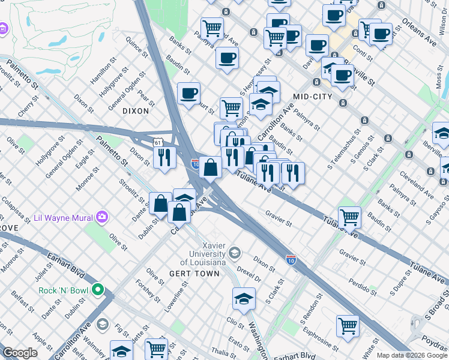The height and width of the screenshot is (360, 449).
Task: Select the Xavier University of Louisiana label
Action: (204, 256)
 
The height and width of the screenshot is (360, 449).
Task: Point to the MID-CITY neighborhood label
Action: (312, 96)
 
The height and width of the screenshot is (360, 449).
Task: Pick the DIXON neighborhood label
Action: (135, 111)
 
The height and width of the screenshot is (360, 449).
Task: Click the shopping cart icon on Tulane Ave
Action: (349, 217)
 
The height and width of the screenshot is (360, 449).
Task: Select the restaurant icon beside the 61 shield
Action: (164, 157)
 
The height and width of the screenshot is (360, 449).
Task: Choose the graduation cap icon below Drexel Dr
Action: (244, 298)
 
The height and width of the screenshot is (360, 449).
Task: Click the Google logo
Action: (20, 353)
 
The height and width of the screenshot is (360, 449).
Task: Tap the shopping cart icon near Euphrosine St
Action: (348, 326)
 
